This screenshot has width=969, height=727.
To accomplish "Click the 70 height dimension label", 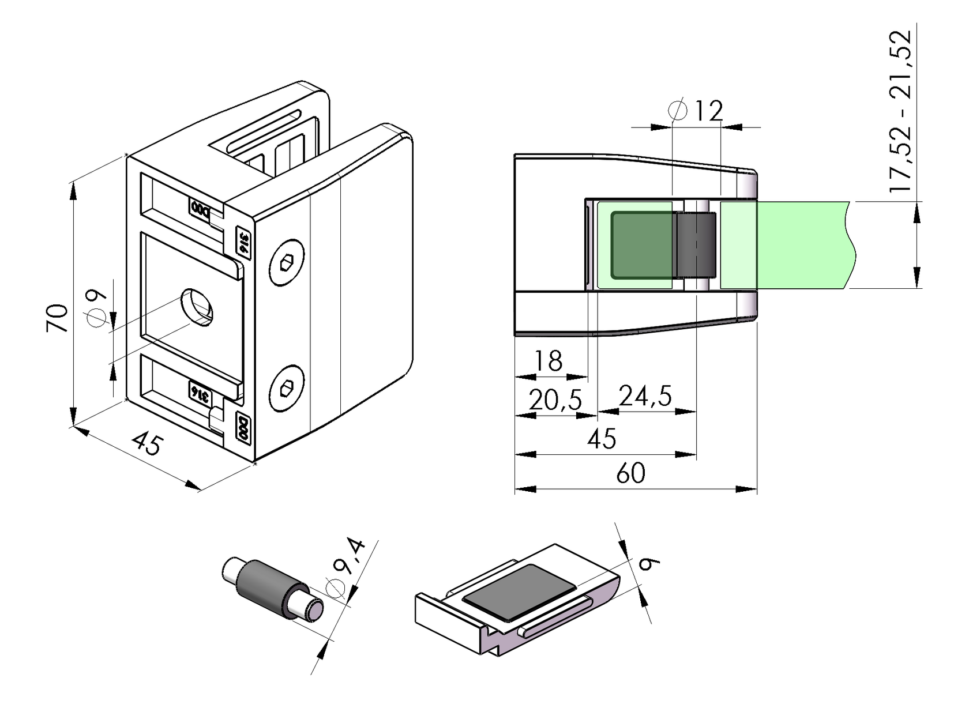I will tap(58, 318).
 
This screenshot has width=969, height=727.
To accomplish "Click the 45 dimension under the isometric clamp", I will tap(148, 444).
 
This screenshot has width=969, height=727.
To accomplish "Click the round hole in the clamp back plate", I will tap(197, 307).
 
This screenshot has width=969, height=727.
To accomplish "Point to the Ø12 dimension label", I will tap(697, 110).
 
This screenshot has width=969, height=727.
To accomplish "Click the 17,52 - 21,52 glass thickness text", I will tap(900, 111).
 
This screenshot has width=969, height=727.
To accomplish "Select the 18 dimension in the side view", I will tap(547, 361).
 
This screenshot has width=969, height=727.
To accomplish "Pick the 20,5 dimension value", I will tap(555, 400).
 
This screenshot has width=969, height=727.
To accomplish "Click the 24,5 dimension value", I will tap(645, 396).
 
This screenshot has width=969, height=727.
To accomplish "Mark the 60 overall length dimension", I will tap(630, 474).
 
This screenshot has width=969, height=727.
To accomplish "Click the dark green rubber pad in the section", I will tap(641, 244).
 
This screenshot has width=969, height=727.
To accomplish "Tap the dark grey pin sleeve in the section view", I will tap(695, 244).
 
